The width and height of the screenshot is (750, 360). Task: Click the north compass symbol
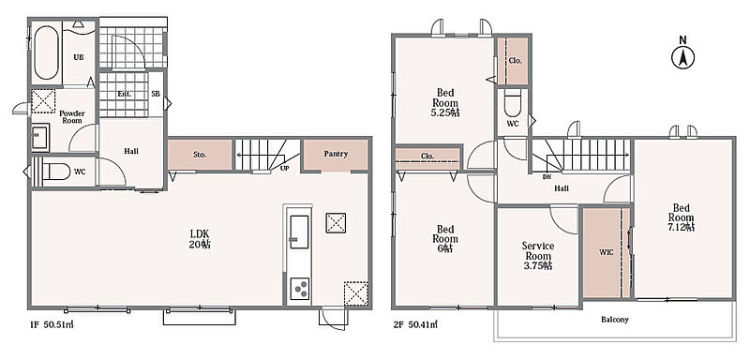[x=683, y=55]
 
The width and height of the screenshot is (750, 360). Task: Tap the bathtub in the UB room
[x=46, y=52]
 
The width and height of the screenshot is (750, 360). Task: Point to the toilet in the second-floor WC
[x=512, y=103]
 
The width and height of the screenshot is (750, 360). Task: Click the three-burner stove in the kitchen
[x=300, y=289]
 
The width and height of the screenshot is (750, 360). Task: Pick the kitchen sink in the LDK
[x=299, y=232]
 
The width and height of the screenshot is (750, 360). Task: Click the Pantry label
[x=336, y=154]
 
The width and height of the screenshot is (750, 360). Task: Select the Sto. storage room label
[x=200, y=155]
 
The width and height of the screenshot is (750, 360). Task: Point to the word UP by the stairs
[x=285, y=169]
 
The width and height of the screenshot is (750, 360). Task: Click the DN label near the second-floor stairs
[x=547, y=177]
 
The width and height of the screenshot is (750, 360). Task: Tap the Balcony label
[x=615, y=320]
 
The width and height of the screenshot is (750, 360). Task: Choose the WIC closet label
[x=606, y=252]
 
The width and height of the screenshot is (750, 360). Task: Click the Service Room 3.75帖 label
[x=538, y=256]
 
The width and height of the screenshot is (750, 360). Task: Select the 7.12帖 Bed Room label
[x=682, y=217]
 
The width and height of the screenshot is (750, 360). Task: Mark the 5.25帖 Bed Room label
[x=445, y=103]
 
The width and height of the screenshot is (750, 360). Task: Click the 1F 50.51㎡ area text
[x=52, y=325]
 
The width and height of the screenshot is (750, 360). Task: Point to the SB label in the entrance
[x=156, y=94]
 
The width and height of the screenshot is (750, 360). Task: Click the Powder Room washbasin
[x=40, y=138]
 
